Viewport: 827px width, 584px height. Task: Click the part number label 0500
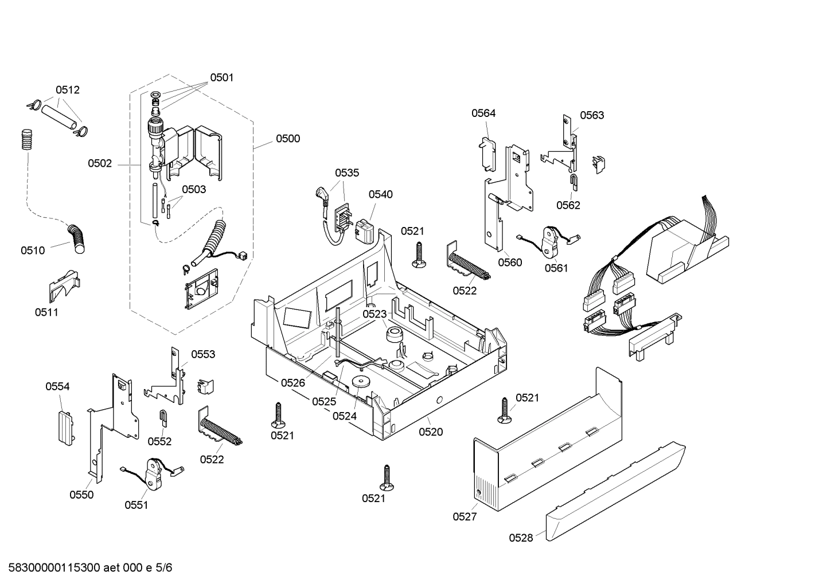point(287,139)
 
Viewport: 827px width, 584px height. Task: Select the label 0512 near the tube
point(67,90)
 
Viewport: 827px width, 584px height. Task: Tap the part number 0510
point(33,250)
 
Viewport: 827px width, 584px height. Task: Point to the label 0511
point(46,312)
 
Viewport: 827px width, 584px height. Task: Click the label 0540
point(380,194)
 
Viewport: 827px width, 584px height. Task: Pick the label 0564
point(483,113)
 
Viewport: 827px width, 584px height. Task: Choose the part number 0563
point(591,115)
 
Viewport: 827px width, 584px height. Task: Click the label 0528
point(521,538)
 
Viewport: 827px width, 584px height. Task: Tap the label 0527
point(465,516)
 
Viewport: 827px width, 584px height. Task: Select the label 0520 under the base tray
point(431,432)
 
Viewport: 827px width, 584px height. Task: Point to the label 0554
point(57,387)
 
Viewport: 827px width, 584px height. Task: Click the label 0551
point(136,505)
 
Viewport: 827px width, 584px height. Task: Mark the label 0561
point(556,268)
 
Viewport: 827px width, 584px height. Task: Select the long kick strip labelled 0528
point(617,493)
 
